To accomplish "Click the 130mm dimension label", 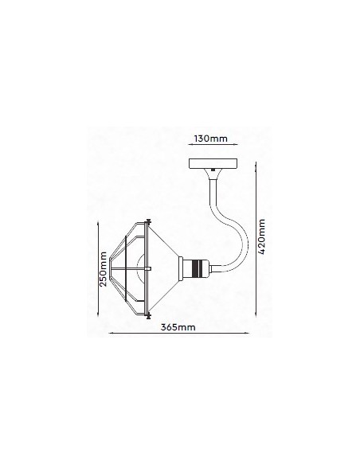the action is (210, 139).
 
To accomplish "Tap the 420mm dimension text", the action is (261, 236).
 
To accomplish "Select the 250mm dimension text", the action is (103, 269).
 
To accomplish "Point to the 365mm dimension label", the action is (178, 327).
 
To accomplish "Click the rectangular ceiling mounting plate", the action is (213, 163).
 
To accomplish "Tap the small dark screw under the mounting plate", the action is (213, 170).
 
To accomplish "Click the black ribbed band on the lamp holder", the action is (198, 268).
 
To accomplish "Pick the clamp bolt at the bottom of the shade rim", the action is (148, 315).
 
